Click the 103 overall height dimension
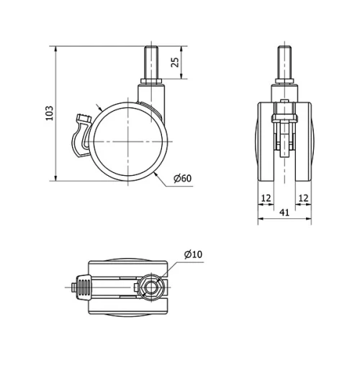50,114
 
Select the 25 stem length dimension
175,62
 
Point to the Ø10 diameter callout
194,254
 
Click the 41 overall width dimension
286,213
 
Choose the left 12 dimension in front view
266,197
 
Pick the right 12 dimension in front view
304,197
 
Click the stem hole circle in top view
150,288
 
